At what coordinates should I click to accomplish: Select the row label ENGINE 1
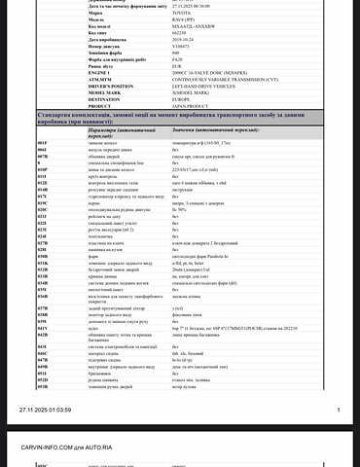pyautogui.click(x=100, y=72)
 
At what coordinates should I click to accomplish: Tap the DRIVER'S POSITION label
pyautogui.click(x=110, y=86)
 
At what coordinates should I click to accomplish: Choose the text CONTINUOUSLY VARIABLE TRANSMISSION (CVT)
pyautogui.click(x=194, y=79)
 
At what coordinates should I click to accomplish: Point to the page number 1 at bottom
pyautogui.click(x=338, y=410)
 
